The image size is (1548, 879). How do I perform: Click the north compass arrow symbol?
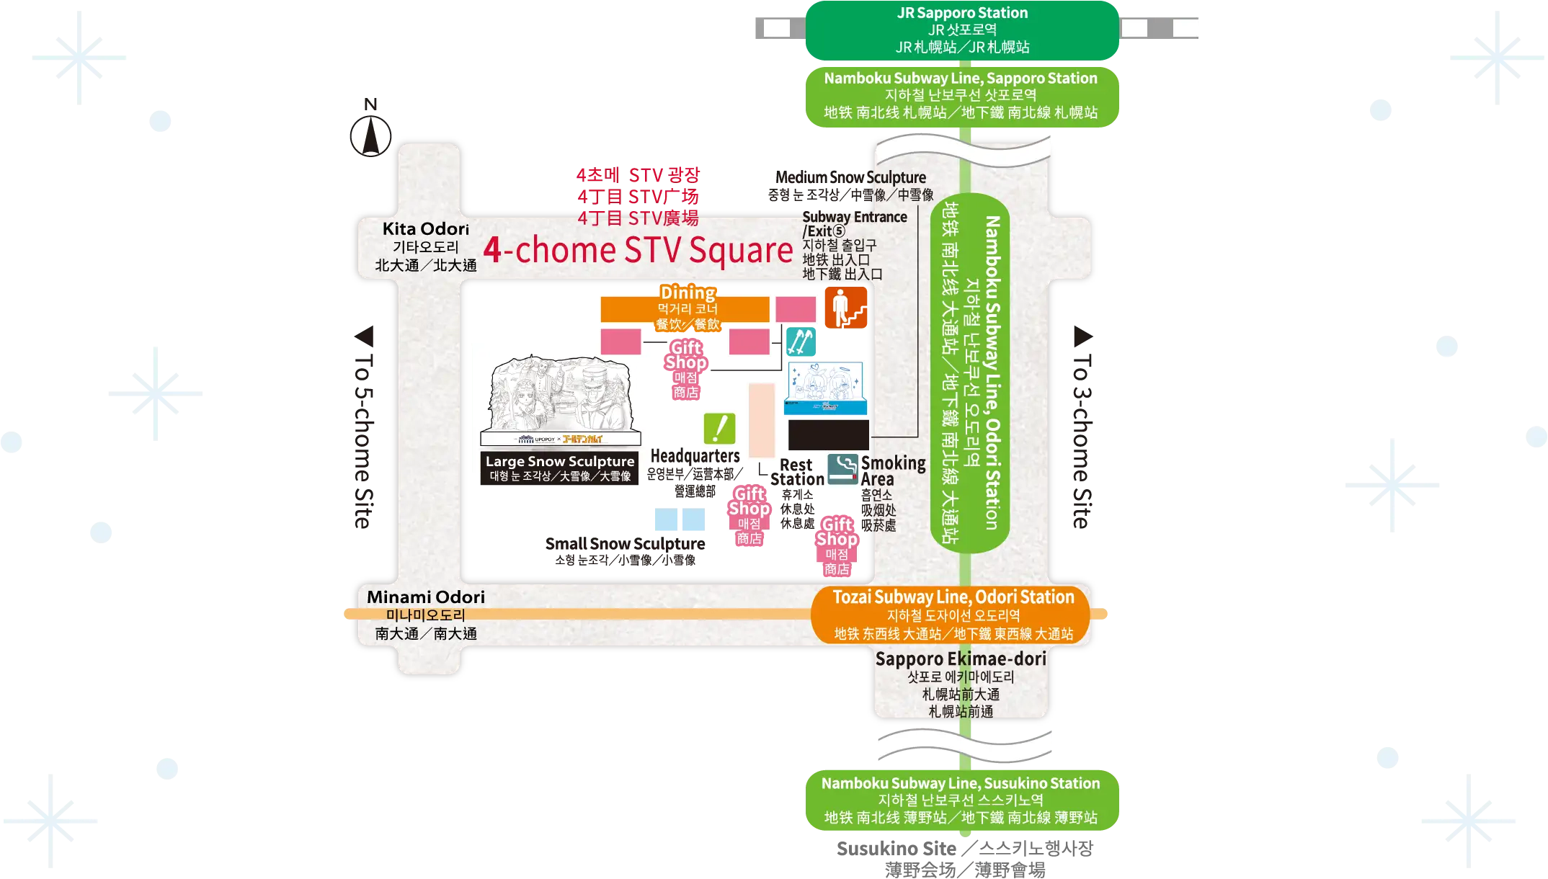(371, 133)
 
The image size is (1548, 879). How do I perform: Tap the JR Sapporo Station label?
(962, 30)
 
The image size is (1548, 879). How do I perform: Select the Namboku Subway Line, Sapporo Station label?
(961, 95)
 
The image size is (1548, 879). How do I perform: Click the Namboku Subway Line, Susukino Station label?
(961, 800)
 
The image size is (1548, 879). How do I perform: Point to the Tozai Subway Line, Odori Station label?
(953, 615)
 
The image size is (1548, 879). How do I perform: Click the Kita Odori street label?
(425, 246)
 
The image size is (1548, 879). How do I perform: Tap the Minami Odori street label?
(425, 615)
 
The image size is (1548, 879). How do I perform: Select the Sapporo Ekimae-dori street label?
(961, 684)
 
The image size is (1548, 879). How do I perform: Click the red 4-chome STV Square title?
(638, 251)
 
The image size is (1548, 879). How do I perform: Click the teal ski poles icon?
(800, 342)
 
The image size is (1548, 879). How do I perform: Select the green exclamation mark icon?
(719, 429)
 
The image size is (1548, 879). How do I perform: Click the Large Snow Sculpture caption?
(560, 468)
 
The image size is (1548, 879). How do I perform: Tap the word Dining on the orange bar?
(688, 293)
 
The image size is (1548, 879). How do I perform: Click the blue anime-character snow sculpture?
(825, 388)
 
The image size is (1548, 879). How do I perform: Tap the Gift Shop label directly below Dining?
(685, 369)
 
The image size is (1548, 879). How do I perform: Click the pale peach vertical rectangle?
(761, 420)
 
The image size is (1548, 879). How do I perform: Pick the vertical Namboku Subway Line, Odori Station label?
(970, 372)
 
